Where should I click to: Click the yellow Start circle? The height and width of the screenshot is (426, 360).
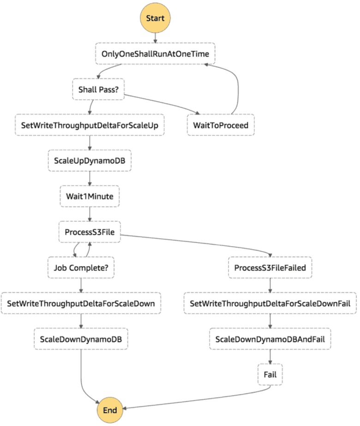point(156,18)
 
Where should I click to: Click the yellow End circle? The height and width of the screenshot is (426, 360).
point(110,409)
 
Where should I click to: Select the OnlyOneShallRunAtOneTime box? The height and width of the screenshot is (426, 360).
point(155,54)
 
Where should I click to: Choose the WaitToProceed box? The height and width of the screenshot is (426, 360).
point(221,125)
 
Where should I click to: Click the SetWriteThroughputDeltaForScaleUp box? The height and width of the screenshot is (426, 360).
point(90,125)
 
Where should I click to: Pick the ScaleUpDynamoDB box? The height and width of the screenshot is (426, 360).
point(89,161)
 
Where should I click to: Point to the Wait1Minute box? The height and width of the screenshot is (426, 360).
point(89,196)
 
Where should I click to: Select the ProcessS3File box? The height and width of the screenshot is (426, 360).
point(89,232)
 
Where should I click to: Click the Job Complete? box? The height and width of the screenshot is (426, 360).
point(81,267)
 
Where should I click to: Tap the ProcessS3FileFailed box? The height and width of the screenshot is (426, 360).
point(270,268)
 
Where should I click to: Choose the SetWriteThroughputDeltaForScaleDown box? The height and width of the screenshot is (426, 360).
point(81,303)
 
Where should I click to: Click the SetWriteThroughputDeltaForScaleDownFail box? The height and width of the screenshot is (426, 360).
point(270,303)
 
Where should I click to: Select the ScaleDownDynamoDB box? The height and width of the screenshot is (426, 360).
point(81,339)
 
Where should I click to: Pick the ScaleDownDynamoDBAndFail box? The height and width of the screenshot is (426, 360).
point(270,339)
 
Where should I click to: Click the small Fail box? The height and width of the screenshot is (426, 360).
point(270,374)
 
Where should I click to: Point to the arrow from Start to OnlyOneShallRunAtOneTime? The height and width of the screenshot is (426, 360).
point(156,37)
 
